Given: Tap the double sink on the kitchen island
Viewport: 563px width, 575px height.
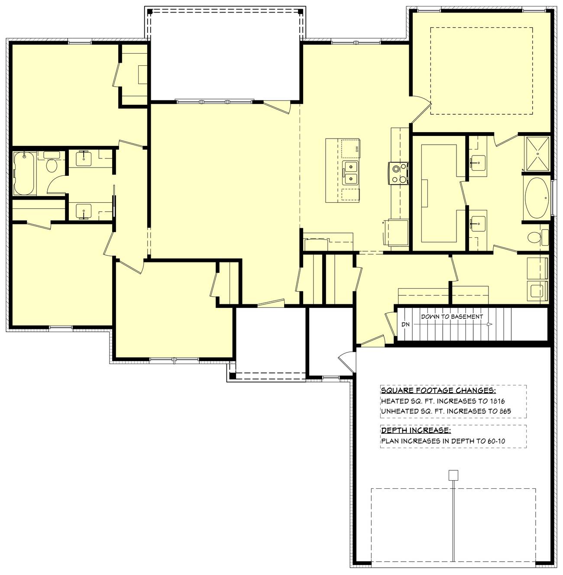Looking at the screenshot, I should [x=350, y=173].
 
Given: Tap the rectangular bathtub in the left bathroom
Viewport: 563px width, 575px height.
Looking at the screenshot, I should [x=25, y=173].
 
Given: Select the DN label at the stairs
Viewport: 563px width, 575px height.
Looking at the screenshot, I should [x=405, y=324].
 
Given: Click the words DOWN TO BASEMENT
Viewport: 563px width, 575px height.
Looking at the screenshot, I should [x=452, y=317].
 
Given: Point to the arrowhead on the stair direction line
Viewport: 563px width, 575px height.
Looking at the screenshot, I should [x=489, y=324].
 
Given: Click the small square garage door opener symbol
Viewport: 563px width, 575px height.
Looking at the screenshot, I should [x=453, y=475].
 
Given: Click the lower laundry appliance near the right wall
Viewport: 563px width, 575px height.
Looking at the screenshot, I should [x=537, y=291].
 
